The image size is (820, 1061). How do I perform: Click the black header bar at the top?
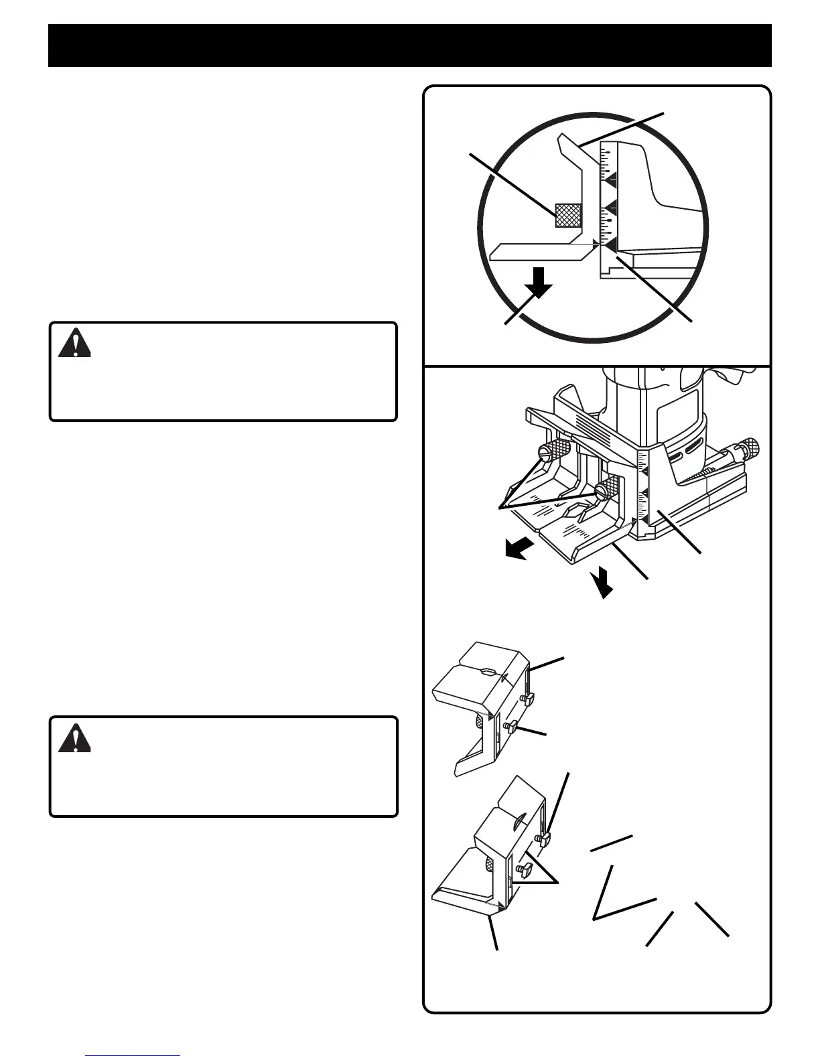pos(409,46)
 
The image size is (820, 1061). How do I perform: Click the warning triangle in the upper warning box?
pos(74,344)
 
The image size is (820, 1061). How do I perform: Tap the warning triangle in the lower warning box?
pos(74,739)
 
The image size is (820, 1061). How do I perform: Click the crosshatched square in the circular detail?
pos(568,215)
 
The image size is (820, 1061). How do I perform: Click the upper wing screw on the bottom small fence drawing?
pos(543,840)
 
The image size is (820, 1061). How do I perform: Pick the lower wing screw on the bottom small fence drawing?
pos(523,870)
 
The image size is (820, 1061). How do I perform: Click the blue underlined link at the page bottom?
pos(133,1056)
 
